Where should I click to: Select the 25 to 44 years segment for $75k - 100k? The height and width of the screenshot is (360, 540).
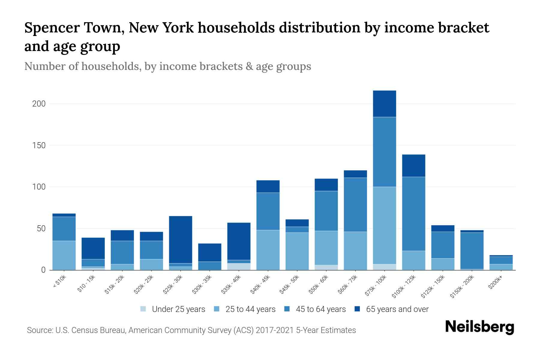coord(384,225)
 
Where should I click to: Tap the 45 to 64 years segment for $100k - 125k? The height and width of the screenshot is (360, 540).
coord(413,214)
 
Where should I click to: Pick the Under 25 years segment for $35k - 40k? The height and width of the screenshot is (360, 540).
coord(239,266)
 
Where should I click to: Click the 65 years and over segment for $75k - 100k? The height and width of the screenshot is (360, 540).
coord(384,103)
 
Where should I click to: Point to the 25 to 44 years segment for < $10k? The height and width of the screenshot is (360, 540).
coord(64,255)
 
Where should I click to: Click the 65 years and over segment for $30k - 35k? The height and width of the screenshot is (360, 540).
coord(210,252)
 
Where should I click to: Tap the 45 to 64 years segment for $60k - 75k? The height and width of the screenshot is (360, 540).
coord(355,204)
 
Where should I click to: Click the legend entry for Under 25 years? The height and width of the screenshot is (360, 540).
coord(178,309)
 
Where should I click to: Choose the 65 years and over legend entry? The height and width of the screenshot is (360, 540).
coord(397,309)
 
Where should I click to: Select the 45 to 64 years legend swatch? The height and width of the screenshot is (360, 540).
coord(287,309)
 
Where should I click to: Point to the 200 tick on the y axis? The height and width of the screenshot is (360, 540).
coord(39,104)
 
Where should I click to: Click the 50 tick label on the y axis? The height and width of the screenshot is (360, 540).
coord(41,229)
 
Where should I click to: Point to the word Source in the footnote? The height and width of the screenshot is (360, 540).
coord(39,330)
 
